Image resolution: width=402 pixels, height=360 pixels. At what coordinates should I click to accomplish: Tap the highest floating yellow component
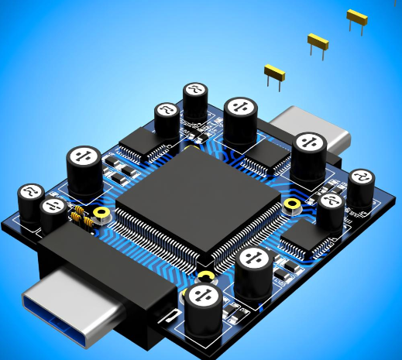click(x=356, y=17)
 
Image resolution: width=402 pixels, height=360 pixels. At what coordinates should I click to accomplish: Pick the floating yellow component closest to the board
click(x=274, y=73)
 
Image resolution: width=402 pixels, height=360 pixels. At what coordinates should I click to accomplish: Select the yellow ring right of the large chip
click(x=292, y=205)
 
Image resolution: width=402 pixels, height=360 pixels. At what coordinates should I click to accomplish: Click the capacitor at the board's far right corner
click(x=361, y=186)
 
